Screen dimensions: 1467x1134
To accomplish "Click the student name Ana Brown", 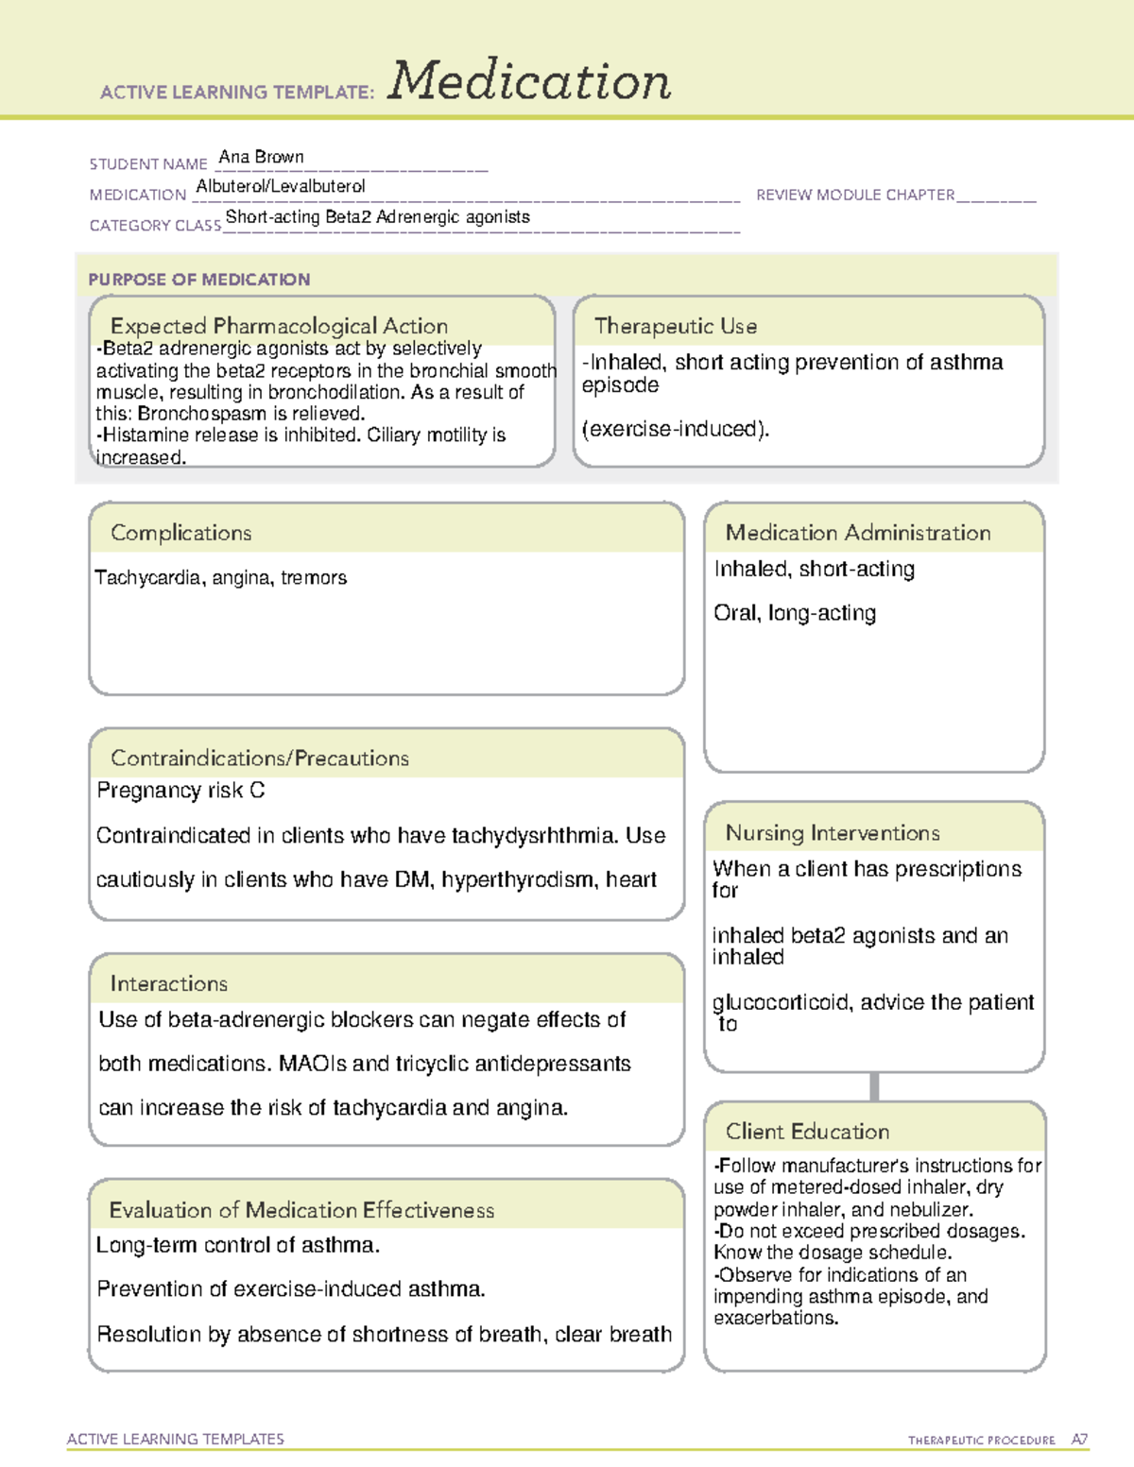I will click(261, 157).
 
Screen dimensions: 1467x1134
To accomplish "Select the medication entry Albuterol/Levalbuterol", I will click(281, 186).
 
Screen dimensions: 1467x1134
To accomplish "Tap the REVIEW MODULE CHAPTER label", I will click(855, 195).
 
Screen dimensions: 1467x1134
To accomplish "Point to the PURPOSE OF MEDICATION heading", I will click(199, 280).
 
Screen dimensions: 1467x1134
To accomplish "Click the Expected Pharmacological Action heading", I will click(279, 326).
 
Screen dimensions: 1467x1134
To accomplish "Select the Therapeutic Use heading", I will click(676, 326).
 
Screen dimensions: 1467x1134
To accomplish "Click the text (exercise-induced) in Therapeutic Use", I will click(676, 429).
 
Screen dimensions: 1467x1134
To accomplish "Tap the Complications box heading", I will click(181, 533).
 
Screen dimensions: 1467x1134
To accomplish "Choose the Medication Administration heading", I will click(858, 533).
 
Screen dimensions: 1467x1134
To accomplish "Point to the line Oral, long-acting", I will click(795, 613).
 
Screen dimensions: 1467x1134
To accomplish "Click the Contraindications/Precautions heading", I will click(260, 758).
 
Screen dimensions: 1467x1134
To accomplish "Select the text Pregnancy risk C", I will click(180, 790).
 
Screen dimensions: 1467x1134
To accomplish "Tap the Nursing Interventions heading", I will click(833, 833).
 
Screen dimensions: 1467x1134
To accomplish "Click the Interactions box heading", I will click(169, 983).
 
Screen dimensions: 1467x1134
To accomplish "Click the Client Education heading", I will click(808, 1132).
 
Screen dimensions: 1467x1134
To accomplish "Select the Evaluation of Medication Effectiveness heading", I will click(301, 1210).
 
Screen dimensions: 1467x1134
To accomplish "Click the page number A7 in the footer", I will click(1079, 1440).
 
